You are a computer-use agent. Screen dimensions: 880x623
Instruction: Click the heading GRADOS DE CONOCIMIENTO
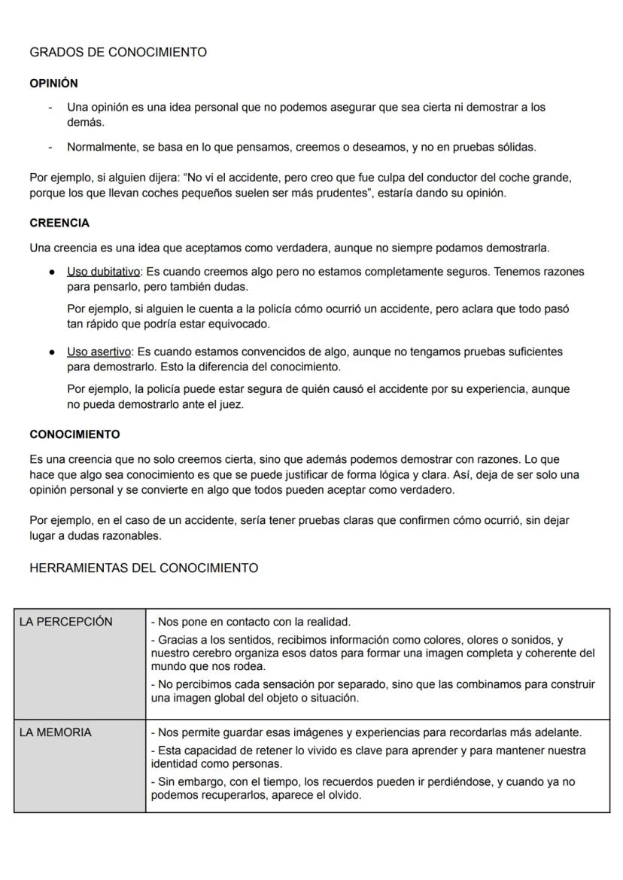117,52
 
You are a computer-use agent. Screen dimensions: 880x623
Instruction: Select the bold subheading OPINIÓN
53,83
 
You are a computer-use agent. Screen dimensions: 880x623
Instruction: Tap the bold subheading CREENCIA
59,223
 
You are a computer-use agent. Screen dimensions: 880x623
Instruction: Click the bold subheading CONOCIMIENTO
74,434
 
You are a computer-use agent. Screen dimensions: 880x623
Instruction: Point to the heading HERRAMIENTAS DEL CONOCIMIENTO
143,568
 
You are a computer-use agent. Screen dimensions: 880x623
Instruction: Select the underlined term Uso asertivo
98,352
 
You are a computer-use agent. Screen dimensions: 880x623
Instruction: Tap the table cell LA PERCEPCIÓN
65,622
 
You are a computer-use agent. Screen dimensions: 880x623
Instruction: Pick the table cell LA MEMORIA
55,732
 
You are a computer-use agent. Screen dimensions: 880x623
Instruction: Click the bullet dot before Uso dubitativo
50,272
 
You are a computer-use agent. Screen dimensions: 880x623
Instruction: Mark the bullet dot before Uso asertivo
50,352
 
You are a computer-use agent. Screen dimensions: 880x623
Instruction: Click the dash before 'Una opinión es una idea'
50,108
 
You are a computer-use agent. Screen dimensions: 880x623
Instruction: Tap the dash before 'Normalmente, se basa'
50,148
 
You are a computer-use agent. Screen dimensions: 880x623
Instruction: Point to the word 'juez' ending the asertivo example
232,404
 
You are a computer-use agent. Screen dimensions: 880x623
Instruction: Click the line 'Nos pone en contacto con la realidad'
251,622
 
